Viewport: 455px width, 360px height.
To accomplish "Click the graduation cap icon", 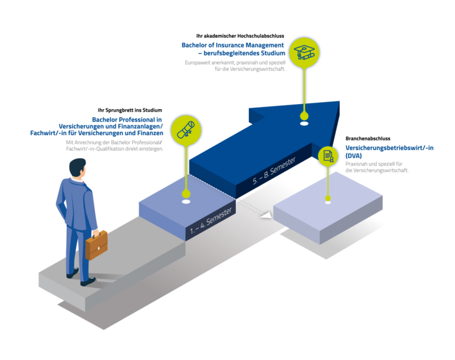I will [304, 52].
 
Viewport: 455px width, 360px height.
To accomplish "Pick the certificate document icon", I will [328, 156].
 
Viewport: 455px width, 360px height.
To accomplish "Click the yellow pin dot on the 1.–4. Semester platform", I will [187, 194].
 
